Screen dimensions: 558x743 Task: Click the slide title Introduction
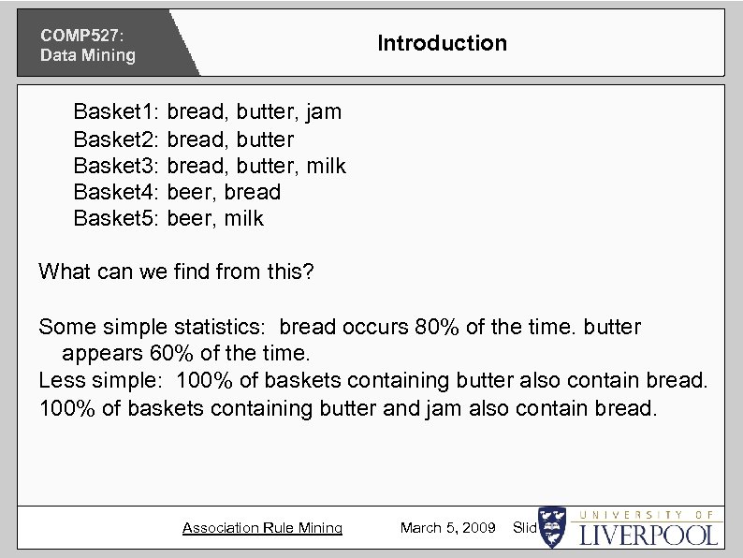click(442, 43)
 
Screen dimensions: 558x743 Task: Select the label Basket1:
click(117, 112)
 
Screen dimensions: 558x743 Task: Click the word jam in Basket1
click(324, 112)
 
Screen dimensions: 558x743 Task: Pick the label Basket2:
click(117, 139)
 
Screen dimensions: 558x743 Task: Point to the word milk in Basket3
click(327, 166)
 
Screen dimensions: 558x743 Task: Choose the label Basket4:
click(117, 192)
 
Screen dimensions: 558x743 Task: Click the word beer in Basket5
click(190, 218)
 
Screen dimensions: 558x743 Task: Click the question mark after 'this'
click(309, 272)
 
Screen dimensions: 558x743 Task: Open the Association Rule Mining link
click(262, 528)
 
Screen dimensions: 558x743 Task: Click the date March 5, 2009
click(447, 528)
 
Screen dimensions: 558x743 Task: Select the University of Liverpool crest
click(552, 528)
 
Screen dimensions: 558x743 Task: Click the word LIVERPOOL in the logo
click(648, 536)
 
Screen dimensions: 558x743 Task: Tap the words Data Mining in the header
click(87, 55)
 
